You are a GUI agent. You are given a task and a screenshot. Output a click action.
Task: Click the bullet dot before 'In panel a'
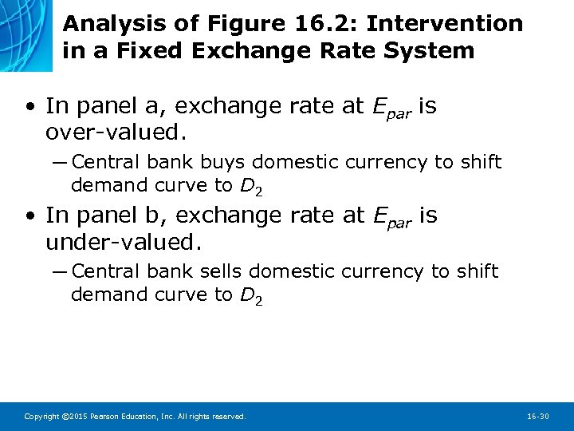coord(29,106)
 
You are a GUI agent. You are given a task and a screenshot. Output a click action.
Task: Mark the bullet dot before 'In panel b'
coord(29,215)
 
